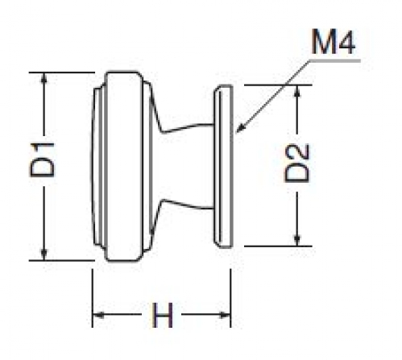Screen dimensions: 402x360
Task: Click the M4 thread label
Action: click(334, 42)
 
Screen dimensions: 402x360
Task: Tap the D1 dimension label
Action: click(42, 160)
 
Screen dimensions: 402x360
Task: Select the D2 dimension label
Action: click(296, 163)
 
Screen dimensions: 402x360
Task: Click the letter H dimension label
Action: click(162, 315)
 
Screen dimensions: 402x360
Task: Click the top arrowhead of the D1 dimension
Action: click(44, 78)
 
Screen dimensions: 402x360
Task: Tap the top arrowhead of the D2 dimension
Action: click(296, 91)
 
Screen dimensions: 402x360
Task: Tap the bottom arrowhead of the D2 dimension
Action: click(296, 240)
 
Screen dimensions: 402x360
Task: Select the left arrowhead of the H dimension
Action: click(98, 315)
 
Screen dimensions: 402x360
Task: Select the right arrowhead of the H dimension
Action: click(225, 315)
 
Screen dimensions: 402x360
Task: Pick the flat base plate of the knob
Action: click(223, 167)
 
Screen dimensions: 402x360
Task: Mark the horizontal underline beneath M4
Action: click(335, 61)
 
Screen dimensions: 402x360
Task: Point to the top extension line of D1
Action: click(62, 72)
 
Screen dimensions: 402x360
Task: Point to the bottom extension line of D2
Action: click(278, 246)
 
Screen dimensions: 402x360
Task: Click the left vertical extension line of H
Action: click(93, 298)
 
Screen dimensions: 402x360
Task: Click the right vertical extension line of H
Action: click(231, 298)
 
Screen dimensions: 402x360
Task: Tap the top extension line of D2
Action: click(278, 85)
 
